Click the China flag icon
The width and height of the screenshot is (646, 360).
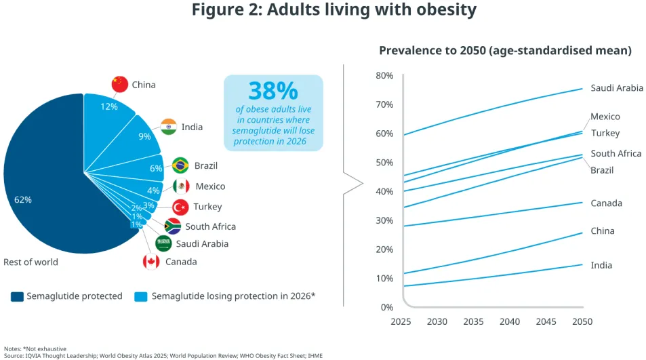120,84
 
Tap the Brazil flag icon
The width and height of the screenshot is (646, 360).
180,165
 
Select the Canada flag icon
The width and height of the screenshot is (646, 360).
151,261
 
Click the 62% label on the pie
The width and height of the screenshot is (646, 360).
23,200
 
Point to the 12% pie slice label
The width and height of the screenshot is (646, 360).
109,106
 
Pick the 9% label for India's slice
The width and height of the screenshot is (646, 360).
144,136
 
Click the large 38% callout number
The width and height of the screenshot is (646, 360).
272,91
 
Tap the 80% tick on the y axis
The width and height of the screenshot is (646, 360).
384,75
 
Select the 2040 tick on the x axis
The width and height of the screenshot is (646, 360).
509,321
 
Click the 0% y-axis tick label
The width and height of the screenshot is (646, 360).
386,307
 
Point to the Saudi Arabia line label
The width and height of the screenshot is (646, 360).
617,88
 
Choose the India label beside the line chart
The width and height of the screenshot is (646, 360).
601,265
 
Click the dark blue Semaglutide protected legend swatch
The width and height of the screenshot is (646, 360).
17,296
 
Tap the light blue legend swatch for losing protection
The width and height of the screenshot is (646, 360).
141,296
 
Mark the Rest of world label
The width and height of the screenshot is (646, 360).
31,262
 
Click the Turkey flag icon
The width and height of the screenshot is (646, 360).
180,207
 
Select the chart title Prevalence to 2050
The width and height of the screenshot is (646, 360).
505,50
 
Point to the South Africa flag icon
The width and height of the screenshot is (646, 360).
172,226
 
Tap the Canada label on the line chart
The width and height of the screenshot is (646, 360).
606,203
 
